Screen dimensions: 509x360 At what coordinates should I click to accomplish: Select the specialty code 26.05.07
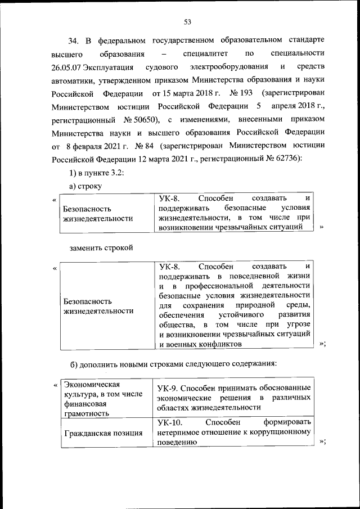66,67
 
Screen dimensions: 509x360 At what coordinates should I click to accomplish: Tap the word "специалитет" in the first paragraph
204,55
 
